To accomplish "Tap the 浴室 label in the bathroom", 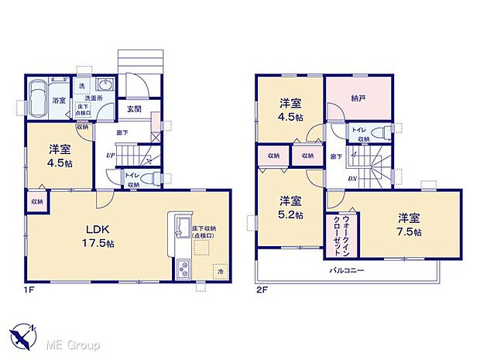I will click(x=58, y=101).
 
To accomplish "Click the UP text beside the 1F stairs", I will click(x=110, y=155).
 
